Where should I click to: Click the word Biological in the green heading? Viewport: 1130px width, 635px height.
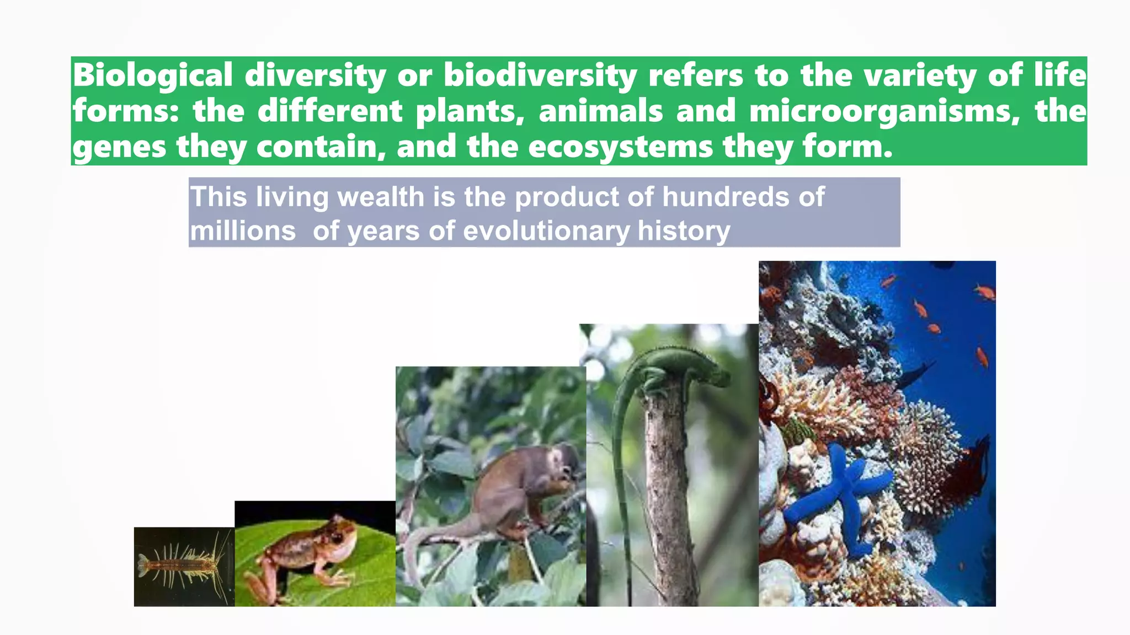coord(152,75)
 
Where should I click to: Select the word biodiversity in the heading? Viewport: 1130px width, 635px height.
coord(540,75)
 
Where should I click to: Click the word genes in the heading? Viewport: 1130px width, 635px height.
coord(119,148)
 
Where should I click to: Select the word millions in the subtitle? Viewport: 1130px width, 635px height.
coord(243,230)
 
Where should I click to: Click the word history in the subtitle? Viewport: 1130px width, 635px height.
coord(684,230)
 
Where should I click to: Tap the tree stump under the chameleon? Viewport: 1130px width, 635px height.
coord(668,496)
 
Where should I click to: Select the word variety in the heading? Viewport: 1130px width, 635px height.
coord(920,75)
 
